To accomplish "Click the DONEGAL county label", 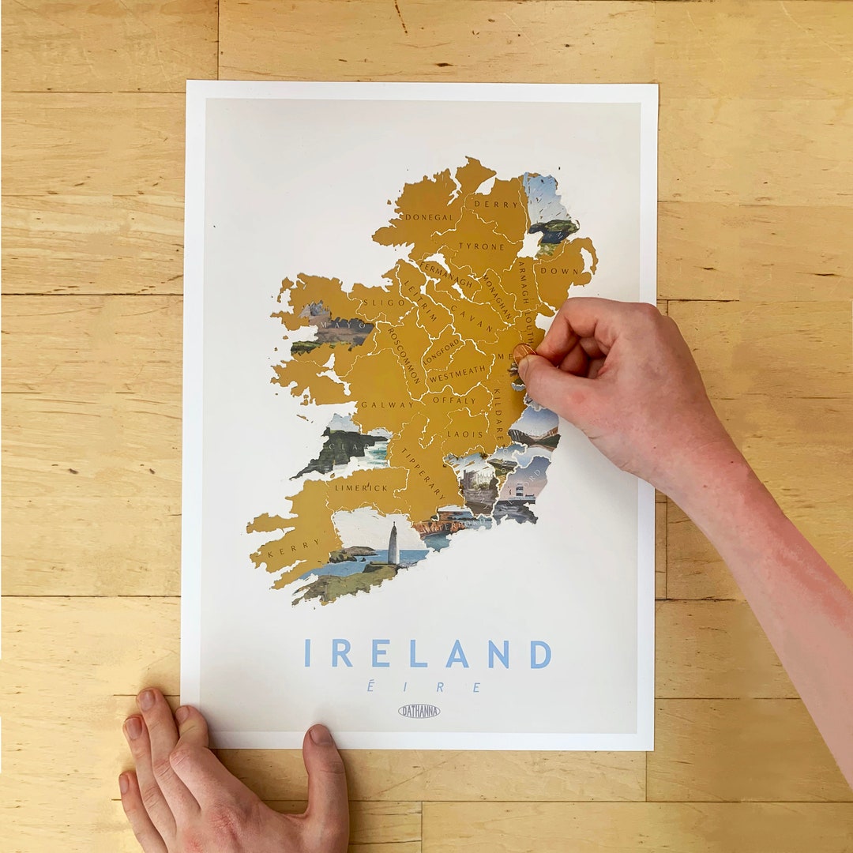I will pos(429,217).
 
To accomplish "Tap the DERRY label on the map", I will pos(496,204).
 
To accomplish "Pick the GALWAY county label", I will pos(387,405).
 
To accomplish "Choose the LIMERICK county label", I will pos(360,487).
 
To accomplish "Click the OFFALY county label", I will pos(454,400).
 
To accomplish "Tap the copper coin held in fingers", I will pos(522,351).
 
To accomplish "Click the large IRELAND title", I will pos(427,653).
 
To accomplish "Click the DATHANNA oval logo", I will pos(419,711).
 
